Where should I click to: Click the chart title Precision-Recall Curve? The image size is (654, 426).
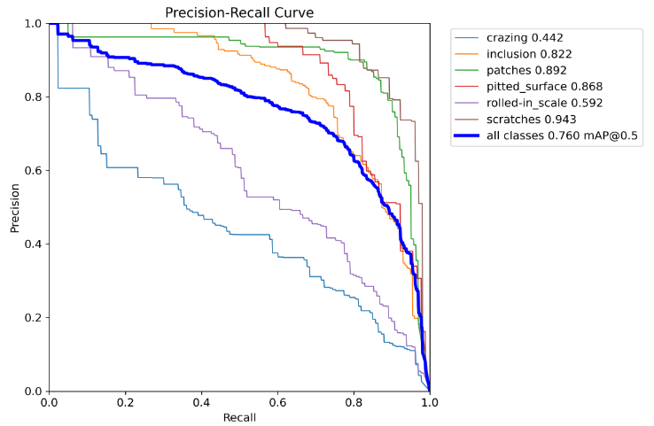pos(239,12)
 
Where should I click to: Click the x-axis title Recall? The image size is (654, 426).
pos(239,415)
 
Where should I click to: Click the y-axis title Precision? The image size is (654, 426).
pos(15,207)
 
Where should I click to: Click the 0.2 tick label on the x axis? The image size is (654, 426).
pos(125,402)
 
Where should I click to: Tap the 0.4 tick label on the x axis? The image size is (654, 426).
pos(201,402)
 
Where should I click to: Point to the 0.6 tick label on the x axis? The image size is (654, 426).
pos(277,402)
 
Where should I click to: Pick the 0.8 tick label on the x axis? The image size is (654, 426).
pos(354,402)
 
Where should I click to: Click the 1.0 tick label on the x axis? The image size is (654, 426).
pos(429,402)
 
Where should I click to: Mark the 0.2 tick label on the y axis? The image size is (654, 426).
pos(33,317)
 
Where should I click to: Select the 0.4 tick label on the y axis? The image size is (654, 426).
pos(33,244)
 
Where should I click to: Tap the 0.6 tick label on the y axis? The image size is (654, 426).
pos(33,170)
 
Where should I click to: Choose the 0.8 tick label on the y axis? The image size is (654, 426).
pos(33,97)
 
